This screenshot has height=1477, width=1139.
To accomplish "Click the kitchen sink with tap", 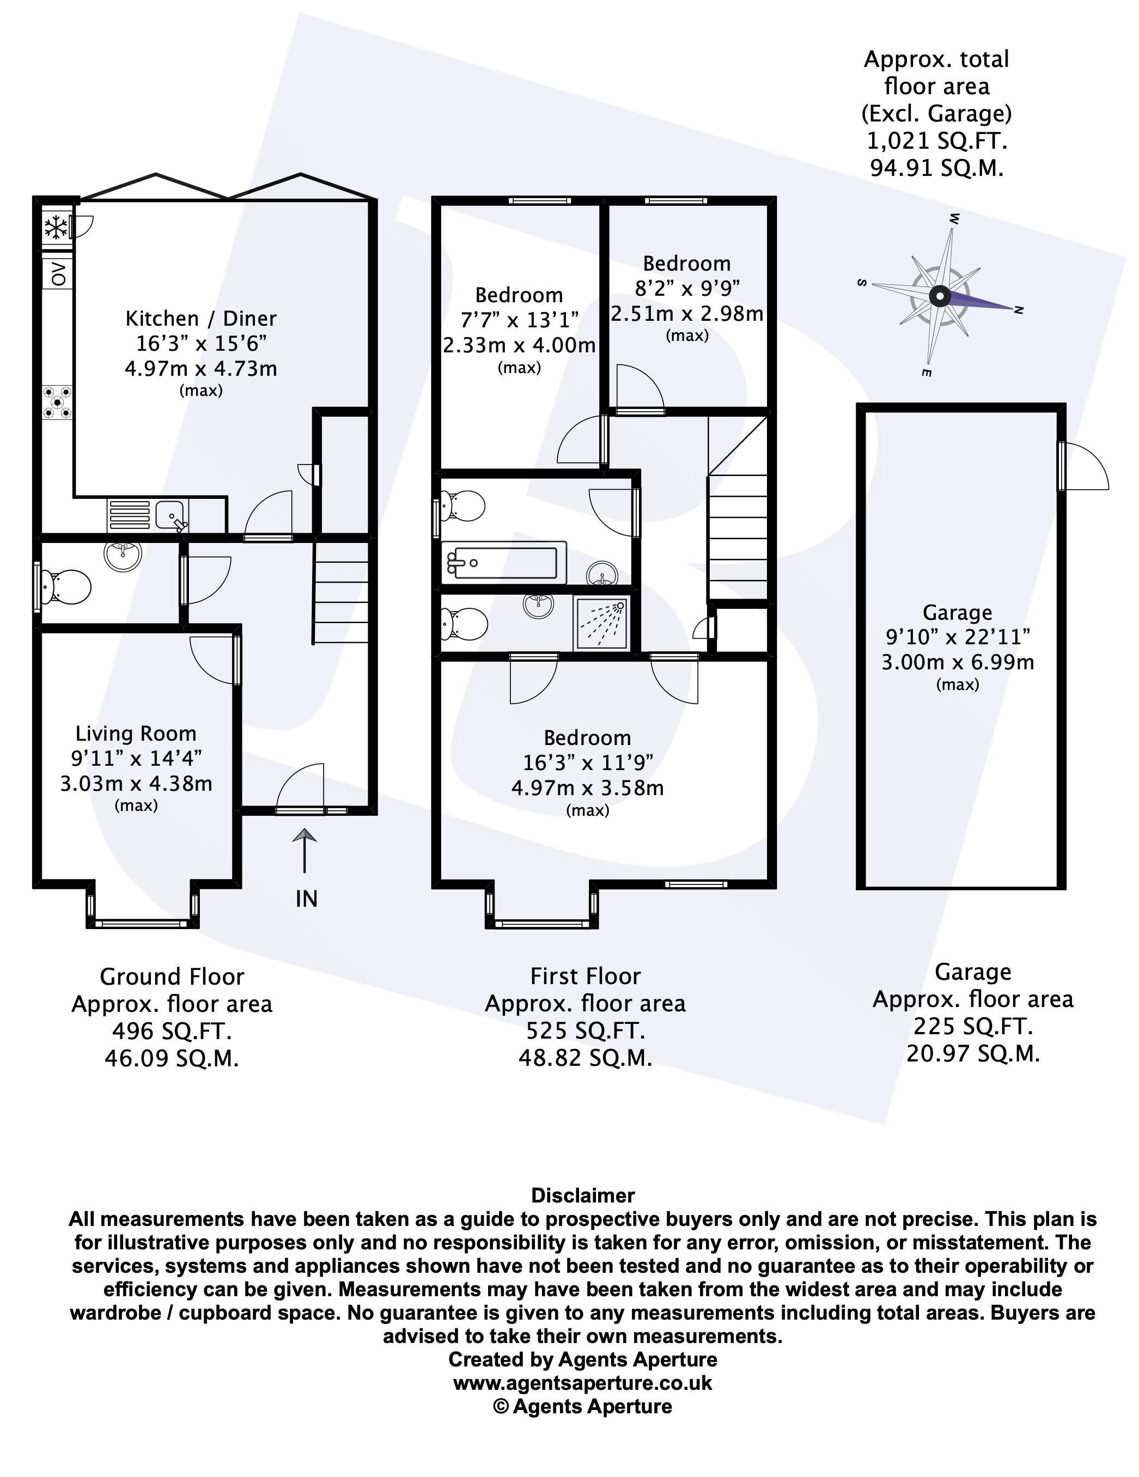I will (169, 515).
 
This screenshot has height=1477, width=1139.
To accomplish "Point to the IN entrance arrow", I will (305, 851).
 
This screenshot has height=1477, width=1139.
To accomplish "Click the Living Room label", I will (136, 733).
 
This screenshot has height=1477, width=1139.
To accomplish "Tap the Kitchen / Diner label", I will (201, 318).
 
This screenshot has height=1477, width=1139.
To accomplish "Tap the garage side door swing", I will (1084, 467).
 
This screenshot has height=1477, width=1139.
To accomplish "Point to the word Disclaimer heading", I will (582, 1195).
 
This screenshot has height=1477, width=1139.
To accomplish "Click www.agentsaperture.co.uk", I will (582, 1383).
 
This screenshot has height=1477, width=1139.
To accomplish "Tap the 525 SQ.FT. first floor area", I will (585, 1030).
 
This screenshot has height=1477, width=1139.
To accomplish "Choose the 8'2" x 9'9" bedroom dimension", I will (686, 288).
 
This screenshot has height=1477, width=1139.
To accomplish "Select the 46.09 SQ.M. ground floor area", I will (172, 1058).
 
